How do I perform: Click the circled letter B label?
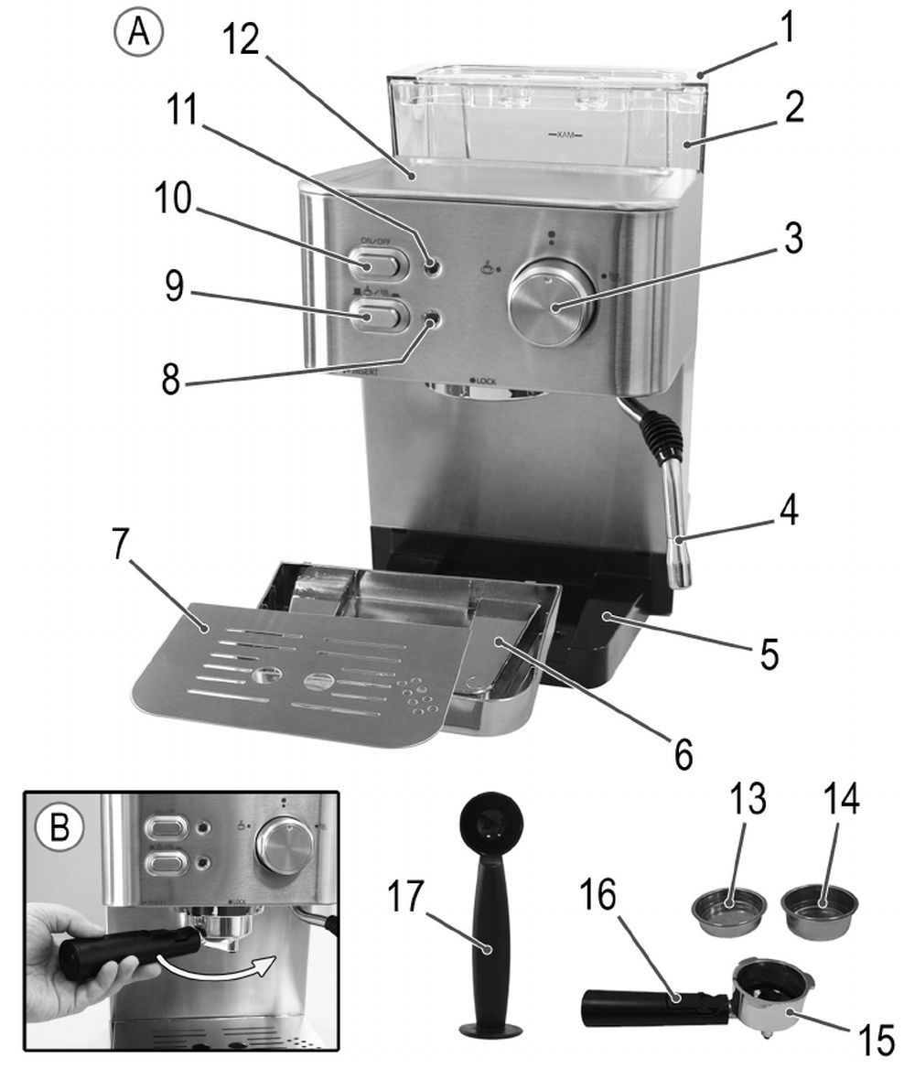(x=60, y=826)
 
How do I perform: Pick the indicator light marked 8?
(x=429, y=318)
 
